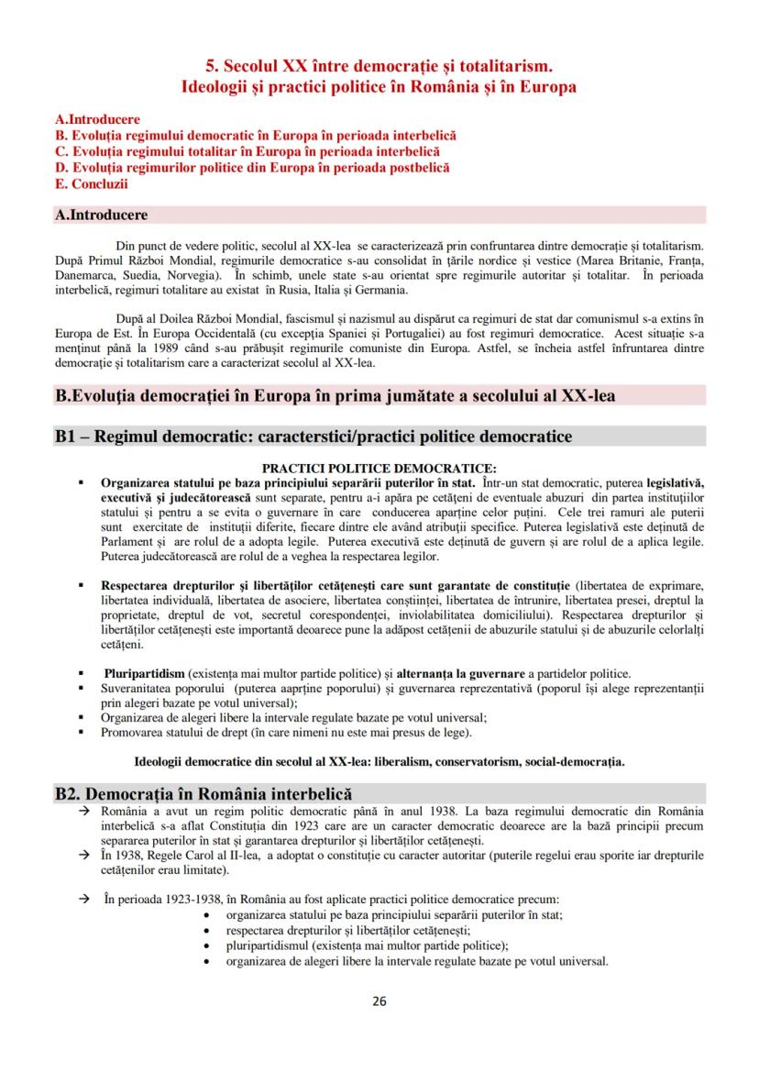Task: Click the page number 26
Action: pyautogui.click(x=379, y=1000)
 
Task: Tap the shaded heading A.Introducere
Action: pyautogui.click(x=102, y=216)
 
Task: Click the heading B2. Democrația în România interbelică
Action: pyautogui.click(x=203, y=794)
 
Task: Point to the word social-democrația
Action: pyautogui.click(x=577, y=761)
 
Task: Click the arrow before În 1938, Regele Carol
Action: pyautogui.click(x=82, y=855)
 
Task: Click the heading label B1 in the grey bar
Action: pyautogui.click(x=70, y=437)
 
